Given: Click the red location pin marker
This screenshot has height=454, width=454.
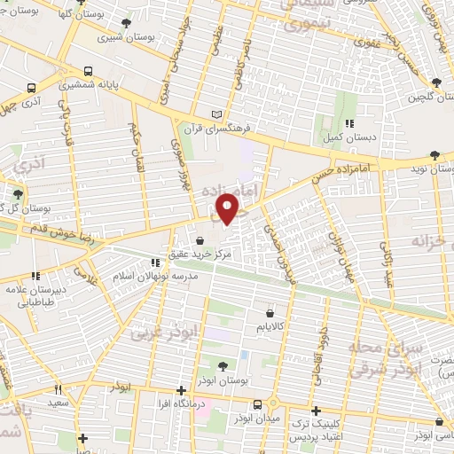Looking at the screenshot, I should [x=228, y=208].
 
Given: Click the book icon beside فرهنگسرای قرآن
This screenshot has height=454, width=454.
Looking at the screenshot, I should [x=218, y=114].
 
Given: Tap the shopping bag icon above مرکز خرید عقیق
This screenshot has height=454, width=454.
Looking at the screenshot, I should [x=200, y=240].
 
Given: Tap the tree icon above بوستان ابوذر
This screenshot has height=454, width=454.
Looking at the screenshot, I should [x=223, y=365].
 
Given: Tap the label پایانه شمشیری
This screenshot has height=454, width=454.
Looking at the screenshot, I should [x=88, y=86].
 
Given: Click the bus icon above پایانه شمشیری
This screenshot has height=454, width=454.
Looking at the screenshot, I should [x=88, y=72].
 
